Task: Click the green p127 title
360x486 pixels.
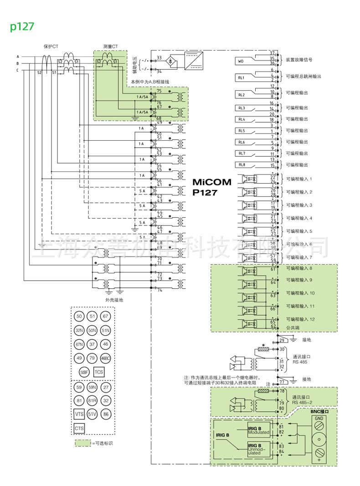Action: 22,27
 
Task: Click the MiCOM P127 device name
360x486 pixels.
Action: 212,187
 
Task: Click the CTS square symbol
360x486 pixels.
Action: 79,429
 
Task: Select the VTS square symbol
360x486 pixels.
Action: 79,414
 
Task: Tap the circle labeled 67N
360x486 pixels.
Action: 79,344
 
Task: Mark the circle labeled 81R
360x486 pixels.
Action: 93,401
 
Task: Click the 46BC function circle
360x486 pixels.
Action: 106,358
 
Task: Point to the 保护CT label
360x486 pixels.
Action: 51,46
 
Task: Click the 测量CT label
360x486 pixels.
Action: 111,46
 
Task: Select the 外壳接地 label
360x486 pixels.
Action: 113,300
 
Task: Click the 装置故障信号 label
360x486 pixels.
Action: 299,60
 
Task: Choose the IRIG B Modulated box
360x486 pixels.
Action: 258,430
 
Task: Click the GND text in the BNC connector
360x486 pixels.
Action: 319,418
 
